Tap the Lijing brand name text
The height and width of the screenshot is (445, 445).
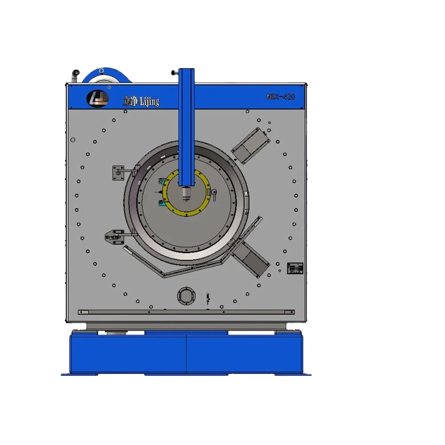[141, 101]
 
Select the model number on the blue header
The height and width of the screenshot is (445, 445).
[281, 96]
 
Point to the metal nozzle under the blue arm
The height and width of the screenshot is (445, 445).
[186, 193]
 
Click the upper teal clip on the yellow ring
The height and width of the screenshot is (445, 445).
[162, 180]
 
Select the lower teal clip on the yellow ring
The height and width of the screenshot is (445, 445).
[162, 203]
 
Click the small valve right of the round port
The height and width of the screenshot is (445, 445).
[207, 297]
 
